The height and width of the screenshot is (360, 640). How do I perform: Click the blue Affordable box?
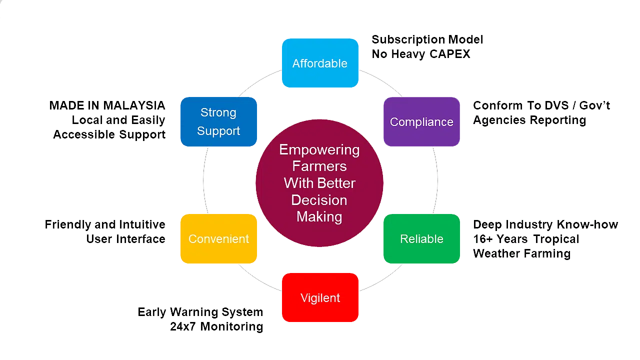(320, 63)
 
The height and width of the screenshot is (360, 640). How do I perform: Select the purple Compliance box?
(421, 122)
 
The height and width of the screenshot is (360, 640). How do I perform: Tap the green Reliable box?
(421, 239)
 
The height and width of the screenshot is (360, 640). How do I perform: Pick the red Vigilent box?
(320, 298)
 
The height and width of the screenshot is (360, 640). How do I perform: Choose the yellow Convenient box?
(218, 239)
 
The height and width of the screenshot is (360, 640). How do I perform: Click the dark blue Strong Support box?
(218, 121)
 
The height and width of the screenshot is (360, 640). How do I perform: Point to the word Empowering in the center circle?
(319, 149)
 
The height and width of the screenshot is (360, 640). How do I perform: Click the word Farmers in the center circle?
(319, 166)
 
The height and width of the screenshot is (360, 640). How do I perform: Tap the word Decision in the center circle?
(319, 200)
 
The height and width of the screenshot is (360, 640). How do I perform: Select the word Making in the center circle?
(319, 216)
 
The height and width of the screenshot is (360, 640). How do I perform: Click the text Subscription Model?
(427, 39)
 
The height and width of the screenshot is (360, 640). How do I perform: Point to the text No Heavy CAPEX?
(421, 54)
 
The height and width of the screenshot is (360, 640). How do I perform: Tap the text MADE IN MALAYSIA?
(107, 106)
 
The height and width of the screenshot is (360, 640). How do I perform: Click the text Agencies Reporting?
(529, 120)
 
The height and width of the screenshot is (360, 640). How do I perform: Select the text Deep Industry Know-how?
(546, 225)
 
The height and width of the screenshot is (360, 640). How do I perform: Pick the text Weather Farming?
(521, 254)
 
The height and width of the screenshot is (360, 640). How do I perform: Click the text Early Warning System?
(200, 312)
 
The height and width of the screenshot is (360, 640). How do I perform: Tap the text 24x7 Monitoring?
(216, 327)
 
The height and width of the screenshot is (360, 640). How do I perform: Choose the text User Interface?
(125, 239)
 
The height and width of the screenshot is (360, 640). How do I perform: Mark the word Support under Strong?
(218, 131)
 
